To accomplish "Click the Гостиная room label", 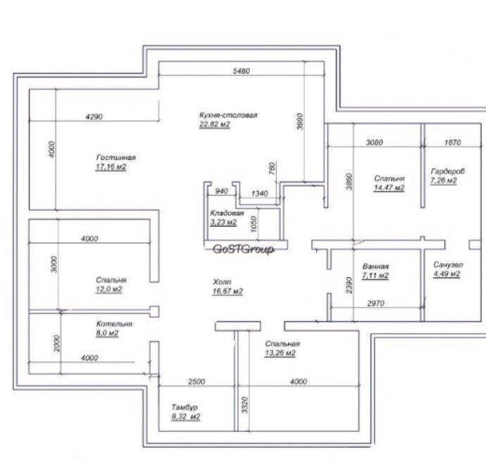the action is tap(116, 157).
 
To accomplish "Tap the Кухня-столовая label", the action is tap(228, 115).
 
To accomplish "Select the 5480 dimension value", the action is tap(241, 71).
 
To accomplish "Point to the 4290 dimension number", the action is tap(94, 117).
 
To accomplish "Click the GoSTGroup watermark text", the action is tap(243, 249).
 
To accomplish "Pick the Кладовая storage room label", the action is tap(227, 213).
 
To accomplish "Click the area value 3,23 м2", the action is tap(223, 222).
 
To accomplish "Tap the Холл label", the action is tap(222, 282).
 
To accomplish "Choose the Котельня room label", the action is tap(114, 324).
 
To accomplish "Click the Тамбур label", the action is tap(185, 407).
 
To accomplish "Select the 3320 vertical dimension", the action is tap(245, 405).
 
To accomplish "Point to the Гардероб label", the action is tap(447, 171).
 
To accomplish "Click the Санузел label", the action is tap(448, 265).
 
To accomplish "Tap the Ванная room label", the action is tap(375, 266).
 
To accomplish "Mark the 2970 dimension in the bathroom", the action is tap(375, 303).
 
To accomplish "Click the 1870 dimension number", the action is tap(452, 142).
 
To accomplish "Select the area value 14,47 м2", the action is tap(389, 188).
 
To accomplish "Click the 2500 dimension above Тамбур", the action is tap(197, 381).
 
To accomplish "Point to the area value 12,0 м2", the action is tap(108, 290).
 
